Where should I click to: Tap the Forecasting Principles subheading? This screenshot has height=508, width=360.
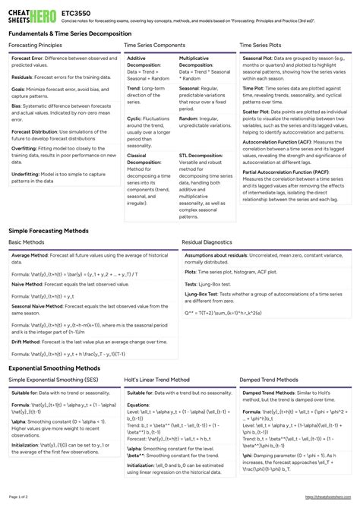click(x=35, y=46)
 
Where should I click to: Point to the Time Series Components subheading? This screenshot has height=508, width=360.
click(x=153, y=46)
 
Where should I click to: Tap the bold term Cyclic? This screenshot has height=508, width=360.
click(x=134, y=119)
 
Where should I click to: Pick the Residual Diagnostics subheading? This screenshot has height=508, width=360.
click(x=207, y=242)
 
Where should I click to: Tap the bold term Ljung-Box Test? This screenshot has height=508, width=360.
click(x=201, y=294)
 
